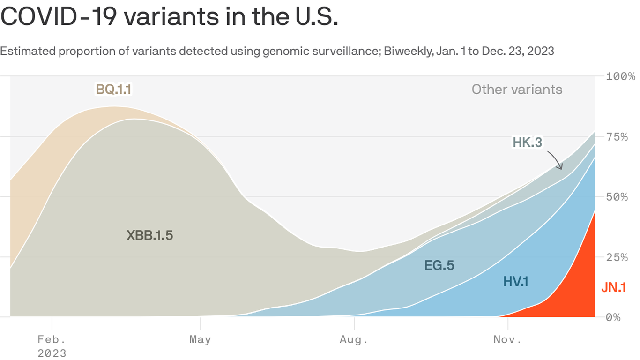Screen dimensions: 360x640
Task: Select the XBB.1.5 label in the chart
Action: click(x=149, y=235)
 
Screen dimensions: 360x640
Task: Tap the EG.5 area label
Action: click(x=439, y=265)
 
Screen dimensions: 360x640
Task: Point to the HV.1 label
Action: click(x=516, y=282)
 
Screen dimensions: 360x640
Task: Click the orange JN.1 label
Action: click(x=613, y=288)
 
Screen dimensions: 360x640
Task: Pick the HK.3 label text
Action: click(x=527, y=142)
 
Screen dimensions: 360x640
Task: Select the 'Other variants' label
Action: click(x=517, y=90)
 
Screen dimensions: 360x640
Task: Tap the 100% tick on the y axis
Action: click(x=620, y=76)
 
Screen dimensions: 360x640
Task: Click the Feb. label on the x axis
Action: click(x=52, y=339)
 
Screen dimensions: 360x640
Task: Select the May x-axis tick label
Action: click(x=200, y=339)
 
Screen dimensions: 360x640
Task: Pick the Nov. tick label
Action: click(x=507, y=339)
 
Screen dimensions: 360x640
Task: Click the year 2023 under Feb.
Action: click(x=52, y=352)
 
